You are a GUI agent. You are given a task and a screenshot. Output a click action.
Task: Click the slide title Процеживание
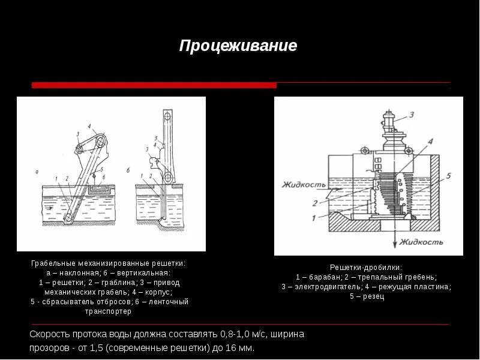tap(238, 46)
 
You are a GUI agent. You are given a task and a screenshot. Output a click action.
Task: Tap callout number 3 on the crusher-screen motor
tap(412, 114)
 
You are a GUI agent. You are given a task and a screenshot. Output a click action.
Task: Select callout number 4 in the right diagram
tap(430, 142)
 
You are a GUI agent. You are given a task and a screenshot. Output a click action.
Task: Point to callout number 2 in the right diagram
tap(314, 203)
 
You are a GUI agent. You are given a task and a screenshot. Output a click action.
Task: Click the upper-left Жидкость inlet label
tap(302, 185)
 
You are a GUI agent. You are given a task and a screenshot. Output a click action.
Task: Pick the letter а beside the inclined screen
tap(37, 172)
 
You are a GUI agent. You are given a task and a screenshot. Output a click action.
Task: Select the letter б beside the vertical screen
tap(128, 170)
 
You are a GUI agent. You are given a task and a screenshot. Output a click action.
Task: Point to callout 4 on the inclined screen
tap(89, 127)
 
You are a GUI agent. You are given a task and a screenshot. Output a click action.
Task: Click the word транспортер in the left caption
tap(109, 311)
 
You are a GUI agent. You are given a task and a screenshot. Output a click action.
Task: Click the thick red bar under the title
tap(154, 85)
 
